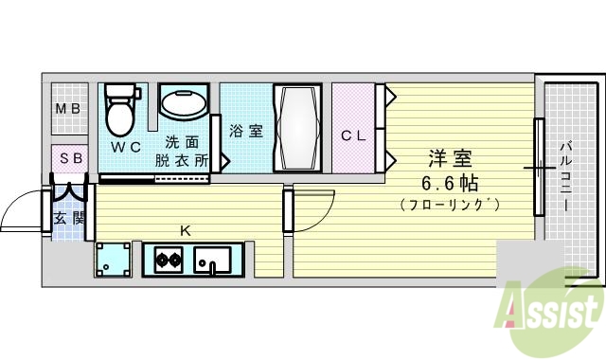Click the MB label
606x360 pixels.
pyautogui.click(x=67, y=109)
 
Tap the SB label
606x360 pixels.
pyautogui.click(x=70, y=158)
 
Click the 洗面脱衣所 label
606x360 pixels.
pyautogui.click(x=182, y=153)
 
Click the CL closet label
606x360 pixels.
pyautogui.click(x=353, y=135)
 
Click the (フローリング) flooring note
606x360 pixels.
pyautogui.click(x=449, y=204)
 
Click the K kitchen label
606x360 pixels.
pyautogui.click(x=186, y=229)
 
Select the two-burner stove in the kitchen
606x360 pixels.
pyautogui.click(x=168, y=259)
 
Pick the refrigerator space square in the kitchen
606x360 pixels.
pyautogui.click(x=114, y=259)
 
